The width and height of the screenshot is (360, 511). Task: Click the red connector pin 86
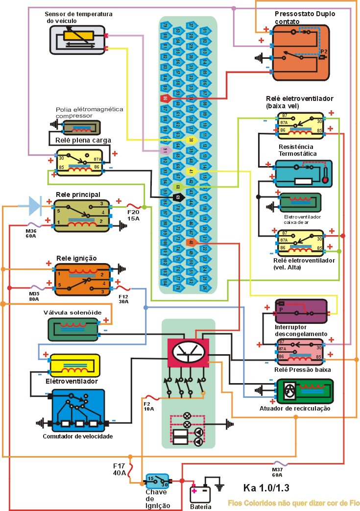point(165,98)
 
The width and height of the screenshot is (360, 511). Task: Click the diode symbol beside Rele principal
point(35,206)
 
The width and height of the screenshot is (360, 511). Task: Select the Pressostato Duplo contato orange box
point(301,53)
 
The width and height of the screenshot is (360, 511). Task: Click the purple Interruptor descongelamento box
point(301,312)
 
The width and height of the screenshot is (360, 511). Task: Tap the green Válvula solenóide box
point(73,329)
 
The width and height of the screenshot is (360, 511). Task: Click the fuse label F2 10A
point(148,405)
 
